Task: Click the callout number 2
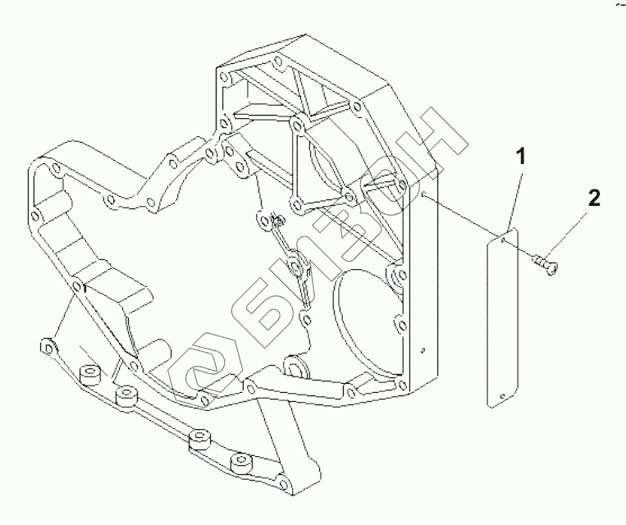(x=594, y=198)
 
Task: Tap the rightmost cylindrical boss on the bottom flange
(x=240, y=465)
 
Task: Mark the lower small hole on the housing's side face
(x=422, y=349)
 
